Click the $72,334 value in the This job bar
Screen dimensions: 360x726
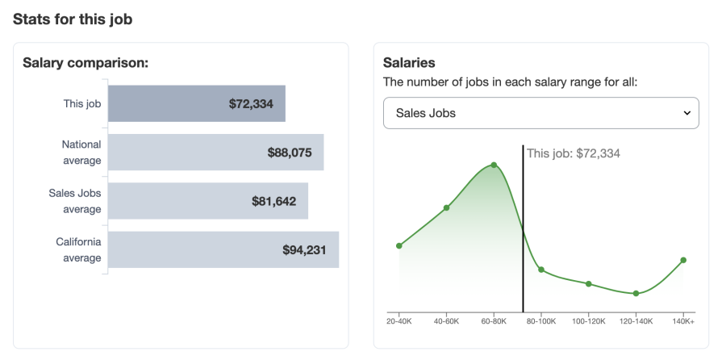point(251,104)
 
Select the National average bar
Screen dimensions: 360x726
point(215,152)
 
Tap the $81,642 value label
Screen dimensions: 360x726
point(273,201)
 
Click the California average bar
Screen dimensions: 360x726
point(223,249)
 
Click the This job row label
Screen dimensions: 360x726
point(82,103)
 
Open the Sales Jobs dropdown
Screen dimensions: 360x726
point(540,113)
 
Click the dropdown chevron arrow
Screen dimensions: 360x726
point(687,113)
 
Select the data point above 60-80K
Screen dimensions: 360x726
point(494,165)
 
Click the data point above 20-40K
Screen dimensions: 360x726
point(398,245)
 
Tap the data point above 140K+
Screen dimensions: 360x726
point(683,260)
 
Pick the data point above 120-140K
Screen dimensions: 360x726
point(636,293)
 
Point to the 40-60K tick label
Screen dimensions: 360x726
point(446,321)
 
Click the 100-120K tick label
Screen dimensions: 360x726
point(588,321)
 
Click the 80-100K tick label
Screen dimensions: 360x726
point(540,321)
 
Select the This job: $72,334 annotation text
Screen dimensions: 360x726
point(573,153)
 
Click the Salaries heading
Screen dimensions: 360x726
point(409,63)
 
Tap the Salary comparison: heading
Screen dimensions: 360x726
point(86,63)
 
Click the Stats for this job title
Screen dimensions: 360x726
point(73,19)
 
